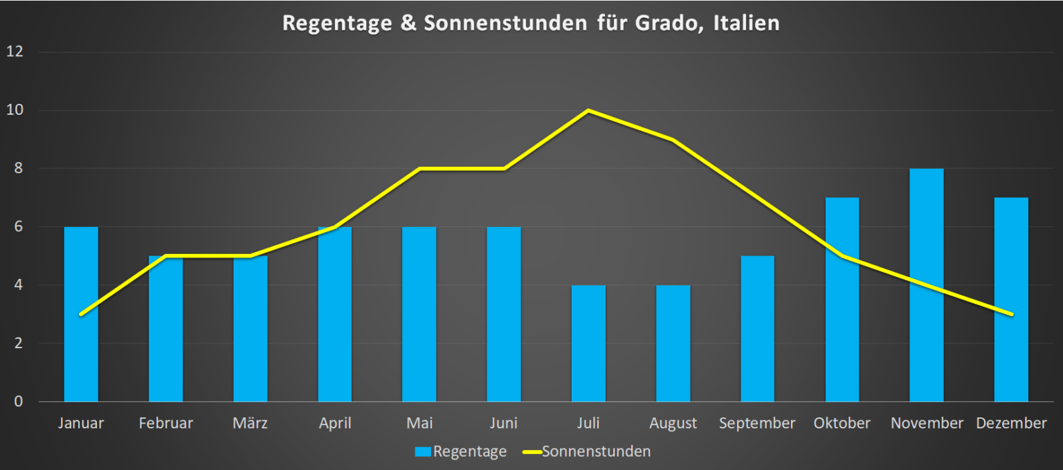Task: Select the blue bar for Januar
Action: [81, 314]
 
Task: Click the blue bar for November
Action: [927, 284]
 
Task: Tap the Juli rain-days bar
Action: [588, 343]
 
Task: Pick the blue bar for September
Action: [757, 329]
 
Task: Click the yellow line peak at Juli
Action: [588, 111]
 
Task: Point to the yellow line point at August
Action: [673, 140]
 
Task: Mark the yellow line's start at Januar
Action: [82, 314]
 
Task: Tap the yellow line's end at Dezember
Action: [1011, 314]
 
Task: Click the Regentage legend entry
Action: [461, 452]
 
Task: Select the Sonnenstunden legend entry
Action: [587, 452]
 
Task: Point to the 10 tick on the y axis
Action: [15, 110]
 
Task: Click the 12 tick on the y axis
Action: [15, 52]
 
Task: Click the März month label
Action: [250, 423]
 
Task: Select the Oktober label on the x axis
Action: [842, 423]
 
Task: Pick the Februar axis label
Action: [165, 423]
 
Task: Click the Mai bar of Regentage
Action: [419, 314]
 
